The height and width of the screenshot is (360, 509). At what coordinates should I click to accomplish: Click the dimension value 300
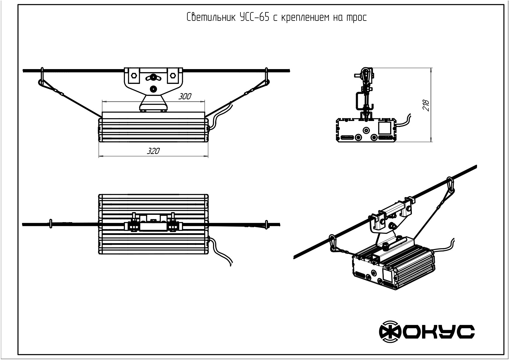[185, 96]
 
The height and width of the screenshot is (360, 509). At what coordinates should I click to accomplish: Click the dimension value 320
[153, 151]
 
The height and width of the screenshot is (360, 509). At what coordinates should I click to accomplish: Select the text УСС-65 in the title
[254, 18]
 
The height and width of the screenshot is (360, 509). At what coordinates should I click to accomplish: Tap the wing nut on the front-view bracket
[153, 77]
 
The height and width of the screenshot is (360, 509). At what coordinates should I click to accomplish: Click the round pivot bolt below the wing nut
[153, 89]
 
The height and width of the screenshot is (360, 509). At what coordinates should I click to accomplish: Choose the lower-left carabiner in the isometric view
[333, 243]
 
